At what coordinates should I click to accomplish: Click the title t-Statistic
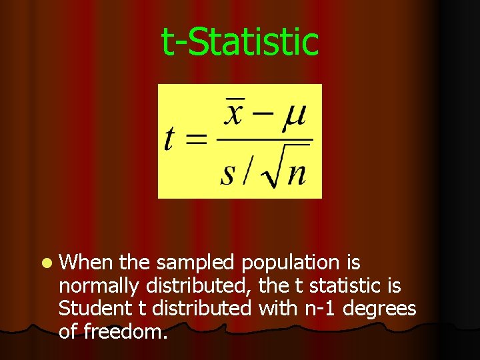[x=240, y=41]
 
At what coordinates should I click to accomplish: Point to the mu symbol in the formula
[x=293, y=115]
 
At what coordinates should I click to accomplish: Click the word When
[x=86, y=263]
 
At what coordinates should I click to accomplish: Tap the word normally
[x=99, y=287]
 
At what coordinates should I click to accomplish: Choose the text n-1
[x=337, y=309]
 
